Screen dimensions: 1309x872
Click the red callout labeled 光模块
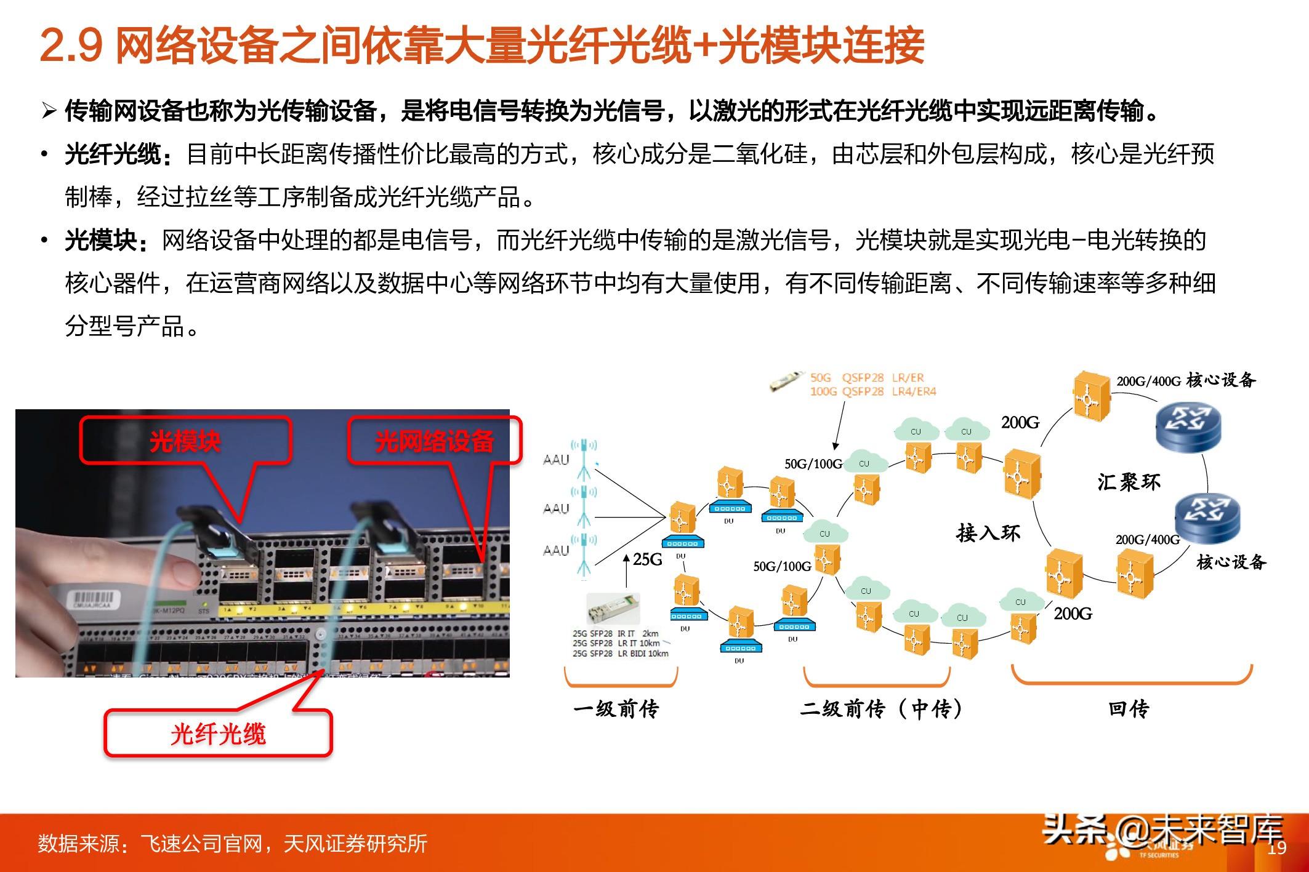tap(185, 441)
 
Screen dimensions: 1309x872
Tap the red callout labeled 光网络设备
tap(434, 441)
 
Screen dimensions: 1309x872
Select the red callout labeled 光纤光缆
tap(218, 734)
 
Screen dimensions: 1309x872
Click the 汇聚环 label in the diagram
tap(1129, 481)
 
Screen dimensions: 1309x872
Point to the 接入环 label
tap(988, 532)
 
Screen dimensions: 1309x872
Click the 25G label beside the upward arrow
tap(648, 559)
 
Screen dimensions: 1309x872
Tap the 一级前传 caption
tap(616, 709)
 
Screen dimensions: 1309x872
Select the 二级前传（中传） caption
tap(881, 709)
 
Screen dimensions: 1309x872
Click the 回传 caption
tap(1129, 709)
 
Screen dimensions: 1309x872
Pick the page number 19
tap(1278, 848)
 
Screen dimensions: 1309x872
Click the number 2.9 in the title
tap(71, 46)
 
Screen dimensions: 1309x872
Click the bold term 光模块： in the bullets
tap(107, 241)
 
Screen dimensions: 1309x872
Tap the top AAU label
tap(556, 460)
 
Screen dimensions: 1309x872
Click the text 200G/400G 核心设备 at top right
tap(1186, 380)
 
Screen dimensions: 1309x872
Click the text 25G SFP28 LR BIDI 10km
tap(620, 654)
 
